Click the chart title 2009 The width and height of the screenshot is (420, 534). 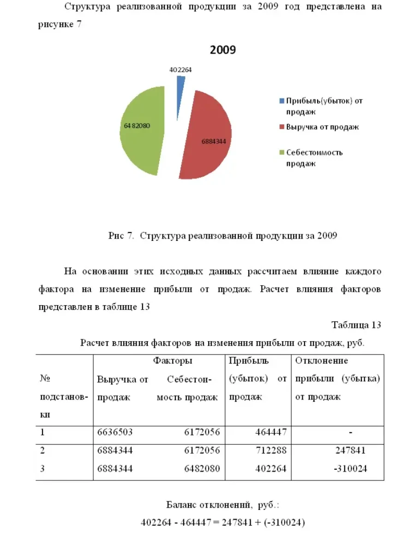point(222,50)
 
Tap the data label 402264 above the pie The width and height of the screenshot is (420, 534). point(180,70)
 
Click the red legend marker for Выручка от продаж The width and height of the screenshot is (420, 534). point(282,127)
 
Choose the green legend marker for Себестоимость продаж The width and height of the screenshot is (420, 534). point(282,153)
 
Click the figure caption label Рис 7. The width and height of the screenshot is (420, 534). point(121,236)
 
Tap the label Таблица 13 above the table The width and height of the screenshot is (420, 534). point(356,325)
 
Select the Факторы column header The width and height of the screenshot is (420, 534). point(173,361)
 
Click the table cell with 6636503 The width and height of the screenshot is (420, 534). point(115,432)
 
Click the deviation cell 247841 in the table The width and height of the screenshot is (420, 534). point(351,450)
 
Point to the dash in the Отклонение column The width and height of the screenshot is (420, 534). point(351,433)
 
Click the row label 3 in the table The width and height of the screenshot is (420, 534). point(42,469)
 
